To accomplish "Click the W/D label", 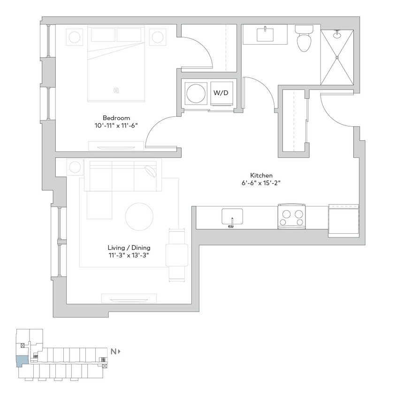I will point(221,93).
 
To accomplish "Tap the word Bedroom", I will point(116,118).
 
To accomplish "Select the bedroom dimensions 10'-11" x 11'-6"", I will point(116,125).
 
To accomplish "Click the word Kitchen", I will point(262,175).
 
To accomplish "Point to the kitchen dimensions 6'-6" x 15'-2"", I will point(262,183).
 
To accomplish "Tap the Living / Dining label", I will point(129,248).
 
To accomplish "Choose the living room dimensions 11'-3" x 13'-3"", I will point(129,255).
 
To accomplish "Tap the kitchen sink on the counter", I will point(232,217).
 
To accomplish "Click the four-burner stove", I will point(291,216).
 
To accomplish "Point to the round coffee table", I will point(139,216).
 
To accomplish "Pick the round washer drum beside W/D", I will point(197,93).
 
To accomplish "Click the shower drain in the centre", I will point(337,57).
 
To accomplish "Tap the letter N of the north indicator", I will point(113,351).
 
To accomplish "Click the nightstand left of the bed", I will point(74,37).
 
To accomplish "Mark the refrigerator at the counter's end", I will point(343,218).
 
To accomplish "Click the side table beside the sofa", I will point(75,167).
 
